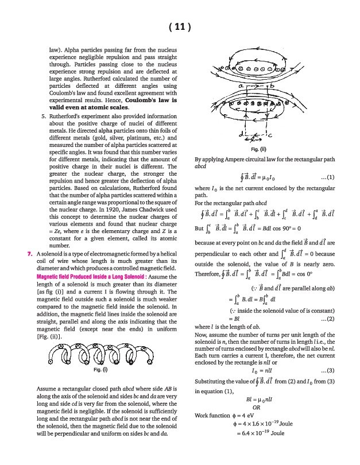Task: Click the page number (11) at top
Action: tap(180, 26)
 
